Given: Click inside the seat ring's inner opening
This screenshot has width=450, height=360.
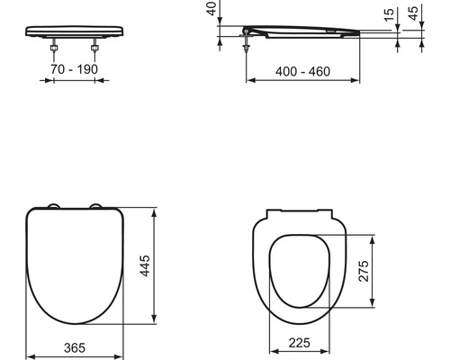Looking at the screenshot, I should click(x=302, y=270).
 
